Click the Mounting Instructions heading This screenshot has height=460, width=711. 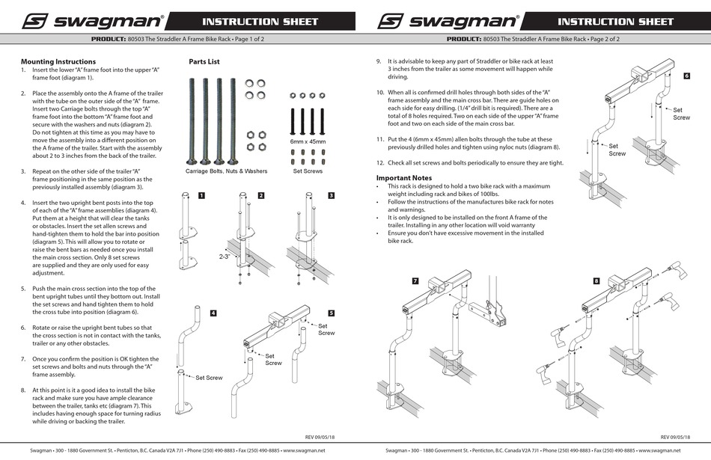(x=58, y=61)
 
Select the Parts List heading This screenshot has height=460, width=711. (x=204, y=61)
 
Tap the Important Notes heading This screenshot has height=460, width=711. (x=404, y=177)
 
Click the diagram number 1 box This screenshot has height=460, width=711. (x=201, y=195)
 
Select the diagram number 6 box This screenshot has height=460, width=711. (x=686, y=76)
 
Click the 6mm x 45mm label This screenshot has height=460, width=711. (x=308, y=141)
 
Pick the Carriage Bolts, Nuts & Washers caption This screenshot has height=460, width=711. (x=226, y=171)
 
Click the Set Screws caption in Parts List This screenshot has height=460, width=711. (x=308, y=171)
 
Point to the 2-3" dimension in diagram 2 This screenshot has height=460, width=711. (x=224, y=255)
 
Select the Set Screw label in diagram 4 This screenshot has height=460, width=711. (x=210, y=378)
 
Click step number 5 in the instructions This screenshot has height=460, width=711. (x=23, y=288)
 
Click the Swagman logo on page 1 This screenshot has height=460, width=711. (x=91, y=21)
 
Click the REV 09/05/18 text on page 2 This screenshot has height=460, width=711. (x=675, y=436)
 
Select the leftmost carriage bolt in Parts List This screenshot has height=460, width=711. (x=192, y=120)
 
